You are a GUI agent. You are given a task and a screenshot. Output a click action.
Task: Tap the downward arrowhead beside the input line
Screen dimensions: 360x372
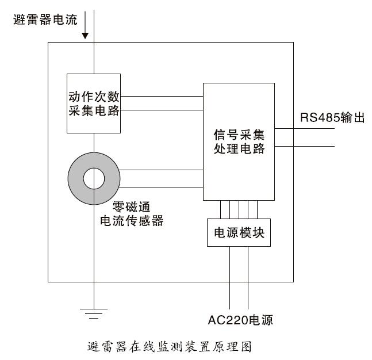coord(85,36)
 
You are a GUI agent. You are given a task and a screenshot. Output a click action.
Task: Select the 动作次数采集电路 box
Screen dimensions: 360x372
coord(94,104)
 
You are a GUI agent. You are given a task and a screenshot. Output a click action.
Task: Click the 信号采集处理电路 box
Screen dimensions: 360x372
coord(238,141)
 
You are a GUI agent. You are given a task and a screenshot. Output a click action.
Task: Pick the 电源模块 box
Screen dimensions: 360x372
coord(238,232)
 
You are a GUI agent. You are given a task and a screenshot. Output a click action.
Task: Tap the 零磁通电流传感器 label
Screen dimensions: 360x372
coord(132,213)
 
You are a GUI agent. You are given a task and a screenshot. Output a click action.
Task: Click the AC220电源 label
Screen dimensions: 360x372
coord(240,320)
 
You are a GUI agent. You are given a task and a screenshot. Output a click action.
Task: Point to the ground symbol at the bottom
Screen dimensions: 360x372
coord(94,312)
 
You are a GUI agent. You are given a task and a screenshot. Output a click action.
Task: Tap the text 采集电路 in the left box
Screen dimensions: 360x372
coord(94,110)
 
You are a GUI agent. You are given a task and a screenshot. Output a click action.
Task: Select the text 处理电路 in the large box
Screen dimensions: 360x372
coord(238,149)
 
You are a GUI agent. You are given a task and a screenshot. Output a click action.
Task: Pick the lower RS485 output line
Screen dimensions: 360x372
coord(305,146)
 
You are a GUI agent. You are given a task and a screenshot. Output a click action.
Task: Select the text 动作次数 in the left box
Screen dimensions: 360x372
coord(94,96)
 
